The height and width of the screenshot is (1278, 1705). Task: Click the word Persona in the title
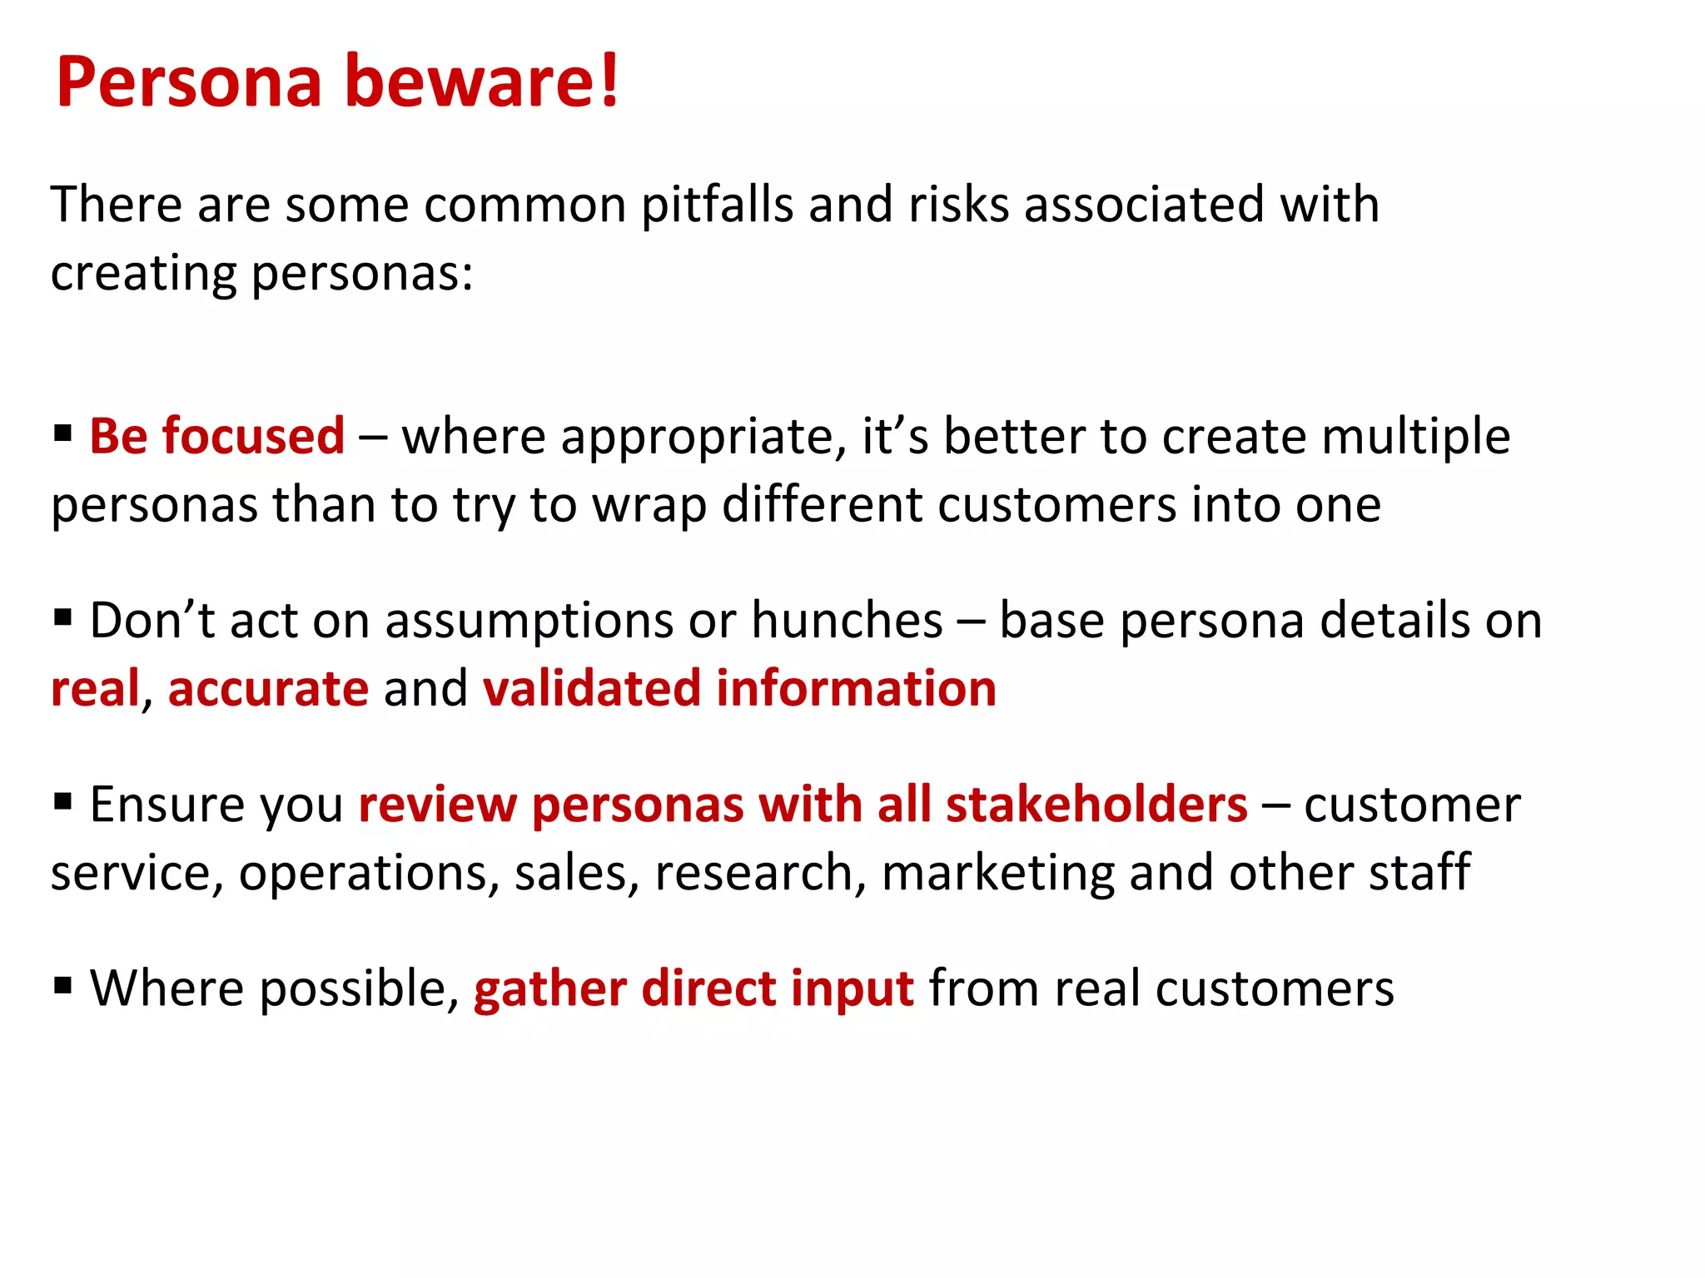tap(189, 82)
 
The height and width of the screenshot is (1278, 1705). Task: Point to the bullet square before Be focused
tap(62, 433)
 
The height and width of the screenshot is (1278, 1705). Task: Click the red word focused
tap(253, 436)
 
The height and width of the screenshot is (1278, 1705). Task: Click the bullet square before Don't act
tap(62, 617)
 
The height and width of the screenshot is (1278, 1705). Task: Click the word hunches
tap(847, 621)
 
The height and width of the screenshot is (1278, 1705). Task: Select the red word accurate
tap(268, 690)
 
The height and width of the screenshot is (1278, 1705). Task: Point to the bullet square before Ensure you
tap(62, 801)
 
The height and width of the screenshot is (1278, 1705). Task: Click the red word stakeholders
tap(1096, 805)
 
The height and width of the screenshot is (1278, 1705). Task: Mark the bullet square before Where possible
tap(62, 985)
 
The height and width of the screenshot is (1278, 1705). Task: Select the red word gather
tap(549, 990)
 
